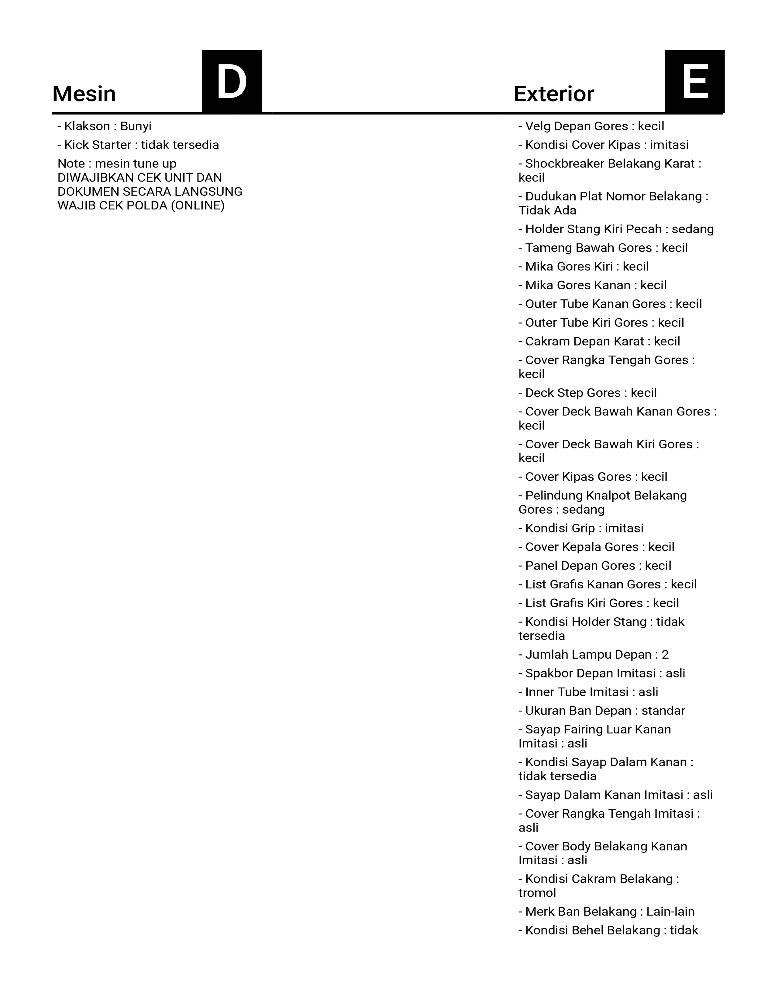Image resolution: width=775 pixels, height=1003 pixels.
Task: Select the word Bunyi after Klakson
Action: [136, 126]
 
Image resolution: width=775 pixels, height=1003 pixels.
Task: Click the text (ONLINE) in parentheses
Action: [198, 206]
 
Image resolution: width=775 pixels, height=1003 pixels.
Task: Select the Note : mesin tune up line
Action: [117, 164]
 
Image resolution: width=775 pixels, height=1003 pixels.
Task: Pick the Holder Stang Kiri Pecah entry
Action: [616, 229]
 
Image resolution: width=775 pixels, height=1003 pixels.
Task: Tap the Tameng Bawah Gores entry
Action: [603, 248]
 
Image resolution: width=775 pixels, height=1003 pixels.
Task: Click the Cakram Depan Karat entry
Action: [599, 342]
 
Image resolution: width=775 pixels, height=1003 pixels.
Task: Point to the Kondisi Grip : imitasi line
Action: [581, 529]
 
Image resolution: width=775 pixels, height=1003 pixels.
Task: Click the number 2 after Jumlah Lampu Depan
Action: [665, 655]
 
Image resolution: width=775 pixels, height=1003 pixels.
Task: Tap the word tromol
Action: [537, 893]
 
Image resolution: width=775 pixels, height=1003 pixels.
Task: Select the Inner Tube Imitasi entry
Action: [588, 692]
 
